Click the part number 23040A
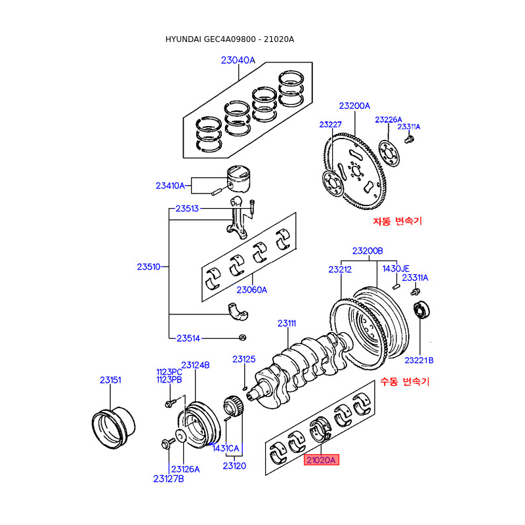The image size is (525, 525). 238,60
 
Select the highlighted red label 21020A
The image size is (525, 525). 321,460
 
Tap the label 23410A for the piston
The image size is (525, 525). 170,186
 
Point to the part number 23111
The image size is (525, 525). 287,323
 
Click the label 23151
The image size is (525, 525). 110,380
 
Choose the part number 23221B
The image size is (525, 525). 419,360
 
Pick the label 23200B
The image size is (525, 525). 367,251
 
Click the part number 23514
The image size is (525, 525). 188,338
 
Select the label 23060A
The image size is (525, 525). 252,289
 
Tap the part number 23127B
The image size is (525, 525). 169,478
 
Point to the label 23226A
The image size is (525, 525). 388,119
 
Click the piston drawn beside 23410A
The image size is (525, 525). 239,179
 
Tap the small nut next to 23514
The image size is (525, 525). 242,337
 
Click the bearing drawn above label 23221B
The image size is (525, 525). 420,310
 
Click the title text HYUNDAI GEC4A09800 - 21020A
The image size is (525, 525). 230,39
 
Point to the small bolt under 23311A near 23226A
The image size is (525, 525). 409,139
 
